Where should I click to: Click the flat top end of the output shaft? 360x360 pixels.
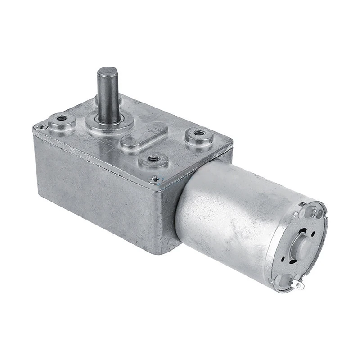tap(108, 72)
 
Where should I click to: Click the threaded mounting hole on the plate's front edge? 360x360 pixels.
tap(153, 159)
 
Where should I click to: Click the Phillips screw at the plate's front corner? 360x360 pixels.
tap(156, 179)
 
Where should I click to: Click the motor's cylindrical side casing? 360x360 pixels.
tap(225, 216)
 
